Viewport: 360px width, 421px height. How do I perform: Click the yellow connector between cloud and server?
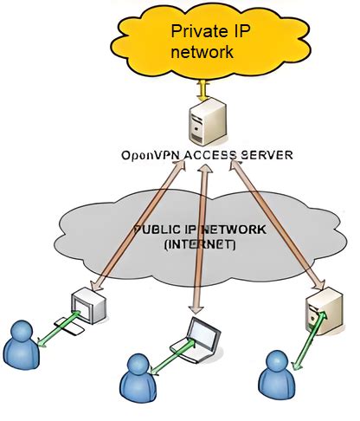pos(202,88)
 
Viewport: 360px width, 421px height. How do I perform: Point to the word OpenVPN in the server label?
pos(148,156)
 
